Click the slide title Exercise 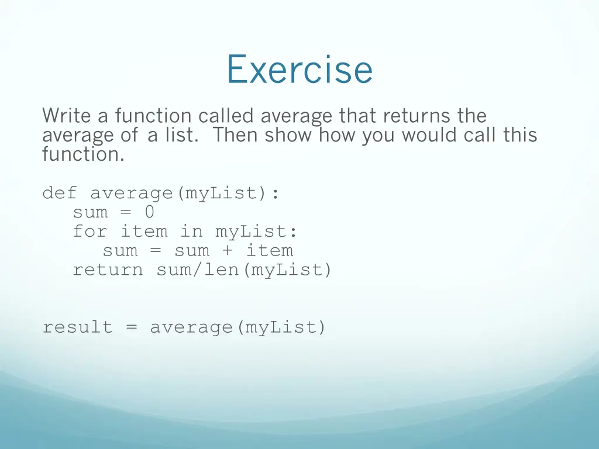pyautogui.click(x=299, y=69)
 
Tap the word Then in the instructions pyautogui.click(x=235, y=135)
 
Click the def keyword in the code pyautogui.click(x=60, y=192)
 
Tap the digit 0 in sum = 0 pyautogui.click(x=150, y=212)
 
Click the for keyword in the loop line pyautogui.click(x=90, y=231)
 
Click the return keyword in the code pyautogui.click(x=108, y=270)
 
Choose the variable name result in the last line pyautogui.click(x=78, y=327)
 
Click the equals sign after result pyautogui.click(x=132, y=327)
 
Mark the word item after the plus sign pyautogui.click(x=269, y=250)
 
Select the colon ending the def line pyautogui.click(x=275, y=194)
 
